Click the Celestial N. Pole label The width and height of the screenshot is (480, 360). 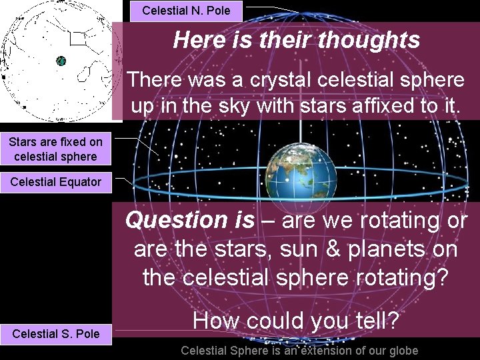tap(186, 11)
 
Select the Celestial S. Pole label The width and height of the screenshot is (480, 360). tap(55, 333)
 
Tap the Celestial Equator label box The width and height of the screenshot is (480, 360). tap(55, 182)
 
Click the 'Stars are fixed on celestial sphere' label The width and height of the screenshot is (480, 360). tap(55, 149)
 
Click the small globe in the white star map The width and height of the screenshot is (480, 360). tap(61, 61)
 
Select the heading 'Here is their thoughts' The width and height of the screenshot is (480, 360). tap(297, 40)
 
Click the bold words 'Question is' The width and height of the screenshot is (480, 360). tap(190, 219)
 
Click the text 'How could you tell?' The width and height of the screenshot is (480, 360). tap(296, 322)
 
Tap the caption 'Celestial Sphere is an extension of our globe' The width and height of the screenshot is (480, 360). tap(299, 351)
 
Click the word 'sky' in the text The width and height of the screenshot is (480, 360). tap(228, 105)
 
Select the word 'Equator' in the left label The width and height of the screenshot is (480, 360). tap(79, 182)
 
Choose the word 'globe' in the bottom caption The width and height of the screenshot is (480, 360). tap(402, 351)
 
